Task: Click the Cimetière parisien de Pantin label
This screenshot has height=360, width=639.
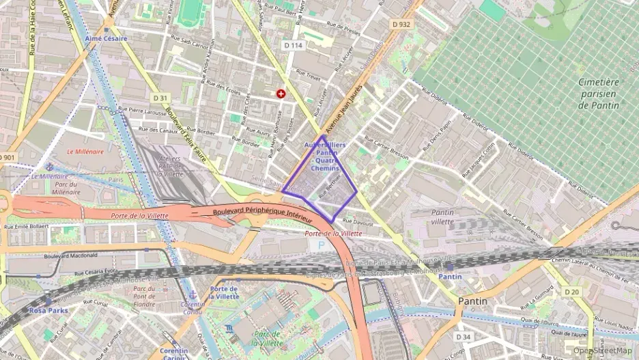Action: click(x=598, y=94)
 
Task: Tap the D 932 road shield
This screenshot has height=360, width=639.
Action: click(x=401, y=24)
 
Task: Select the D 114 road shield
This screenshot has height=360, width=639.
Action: click(x=292, y=45)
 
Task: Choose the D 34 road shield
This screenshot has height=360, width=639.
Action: click(x=463, y=337)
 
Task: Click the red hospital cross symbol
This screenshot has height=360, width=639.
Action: click(x=281, y=94)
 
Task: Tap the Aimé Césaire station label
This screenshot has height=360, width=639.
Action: click(x=106, y=39)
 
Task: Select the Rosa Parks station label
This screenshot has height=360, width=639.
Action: click(x=47, y=310)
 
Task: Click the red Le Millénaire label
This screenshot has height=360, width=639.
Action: click(x=85, y=152)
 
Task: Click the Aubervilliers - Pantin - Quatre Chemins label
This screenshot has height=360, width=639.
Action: click(x=324, y=156)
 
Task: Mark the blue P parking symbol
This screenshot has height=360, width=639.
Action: click(x=322, y=245)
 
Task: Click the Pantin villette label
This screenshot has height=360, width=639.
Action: click(x=442, y=217)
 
